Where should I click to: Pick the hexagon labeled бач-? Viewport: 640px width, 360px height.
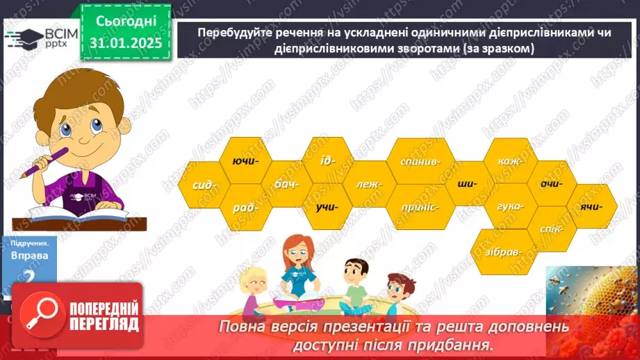pos(286,184)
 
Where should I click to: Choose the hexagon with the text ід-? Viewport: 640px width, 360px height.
pos(328,160)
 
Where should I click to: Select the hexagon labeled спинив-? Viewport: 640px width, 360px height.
pos(420,161)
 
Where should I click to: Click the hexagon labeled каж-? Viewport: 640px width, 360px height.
pos(509,161)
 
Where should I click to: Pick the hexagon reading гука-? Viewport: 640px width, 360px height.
pos(510,206)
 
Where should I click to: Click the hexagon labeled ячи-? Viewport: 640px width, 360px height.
pos(592,206)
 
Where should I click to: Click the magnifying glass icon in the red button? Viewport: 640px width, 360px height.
pos(40,316)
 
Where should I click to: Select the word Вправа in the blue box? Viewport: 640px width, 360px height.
pos(29,255)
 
